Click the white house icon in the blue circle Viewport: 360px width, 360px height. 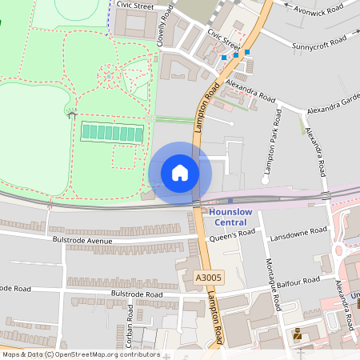tap(180, 172)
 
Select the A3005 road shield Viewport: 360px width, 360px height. tap(208, 278)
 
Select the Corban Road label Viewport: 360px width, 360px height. tap(128, 327)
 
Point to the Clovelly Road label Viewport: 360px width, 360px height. tap(166, 24)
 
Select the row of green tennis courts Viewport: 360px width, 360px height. tap(111, 131)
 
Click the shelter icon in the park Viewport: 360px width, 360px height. tap(73, 115)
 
